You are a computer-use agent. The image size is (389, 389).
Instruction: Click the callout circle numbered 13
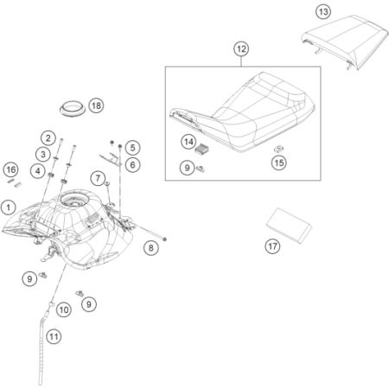(x=323, y=12)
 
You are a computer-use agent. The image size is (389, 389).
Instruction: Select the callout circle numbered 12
(x=241, y=49)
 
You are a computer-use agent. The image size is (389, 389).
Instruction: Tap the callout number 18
(x=96, y=105)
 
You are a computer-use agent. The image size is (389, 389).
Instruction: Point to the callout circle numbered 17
(x=272, y=246)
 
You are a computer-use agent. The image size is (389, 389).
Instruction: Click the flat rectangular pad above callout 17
(x=289, y=226)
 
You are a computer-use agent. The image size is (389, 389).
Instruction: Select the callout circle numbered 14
(x=188, y=142)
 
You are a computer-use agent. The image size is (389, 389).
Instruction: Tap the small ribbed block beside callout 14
(x=202, y=150)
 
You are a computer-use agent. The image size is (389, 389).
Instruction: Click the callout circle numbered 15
(x=278, y=163)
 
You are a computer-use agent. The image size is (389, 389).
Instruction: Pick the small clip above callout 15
(x=278, y=149)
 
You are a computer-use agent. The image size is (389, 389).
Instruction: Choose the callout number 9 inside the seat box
(x=187, y=168)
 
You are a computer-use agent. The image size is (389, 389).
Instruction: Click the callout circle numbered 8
(x=151, y=248)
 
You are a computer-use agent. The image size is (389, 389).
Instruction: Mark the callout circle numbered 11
(x=54, y=336)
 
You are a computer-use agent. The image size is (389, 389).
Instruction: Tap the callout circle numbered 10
(x=64, y=310)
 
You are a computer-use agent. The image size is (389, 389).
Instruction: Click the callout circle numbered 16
(x=11, y=169)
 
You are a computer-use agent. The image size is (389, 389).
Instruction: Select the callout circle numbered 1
(x=9, y=207)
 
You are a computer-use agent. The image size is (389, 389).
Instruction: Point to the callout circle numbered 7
(x=98, y=178)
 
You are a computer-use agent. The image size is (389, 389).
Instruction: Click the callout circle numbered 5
(x=132, y=148)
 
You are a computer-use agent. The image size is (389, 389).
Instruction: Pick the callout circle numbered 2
(x=48, y=138)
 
